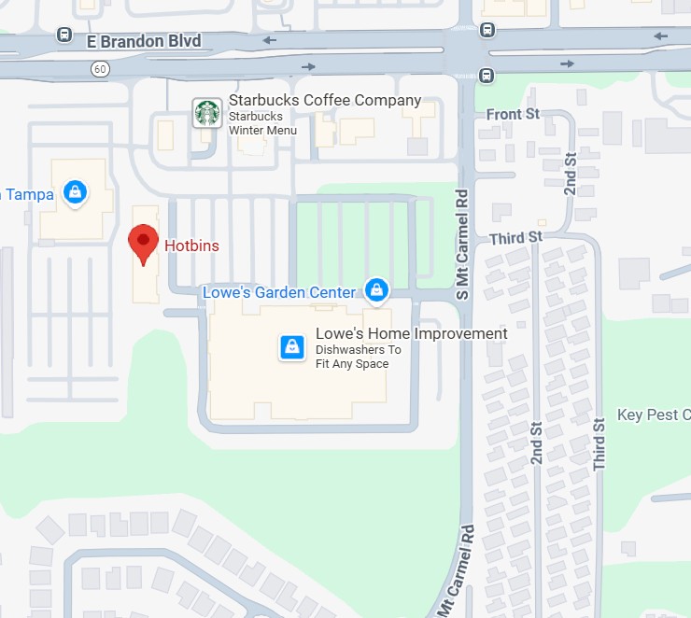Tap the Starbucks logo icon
tap(206, 113)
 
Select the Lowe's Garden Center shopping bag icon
tap(375, 290)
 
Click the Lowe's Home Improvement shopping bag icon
tap(292, 348)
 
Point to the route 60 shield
tap(100, 68)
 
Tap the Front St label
tap(514, 114)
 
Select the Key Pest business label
tap(654, 414)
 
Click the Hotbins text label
tap(191, 246)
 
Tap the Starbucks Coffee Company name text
tap(325, 101)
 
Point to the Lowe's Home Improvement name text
tap(411, 333)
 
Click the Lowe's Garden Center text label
tap(279, 292)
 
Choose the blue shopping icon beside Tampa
tap(74, 193)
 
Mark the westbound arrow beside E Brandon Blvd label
tap(270, 40)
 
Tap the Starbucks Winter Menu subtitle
tap(262, 123)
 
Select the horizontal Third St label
tap(515, 238)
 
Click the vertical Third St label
tap(599, 442)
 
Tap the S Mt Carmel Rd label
tap(461, 244)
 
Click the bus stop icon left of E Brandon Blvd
tap(64, 35)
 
